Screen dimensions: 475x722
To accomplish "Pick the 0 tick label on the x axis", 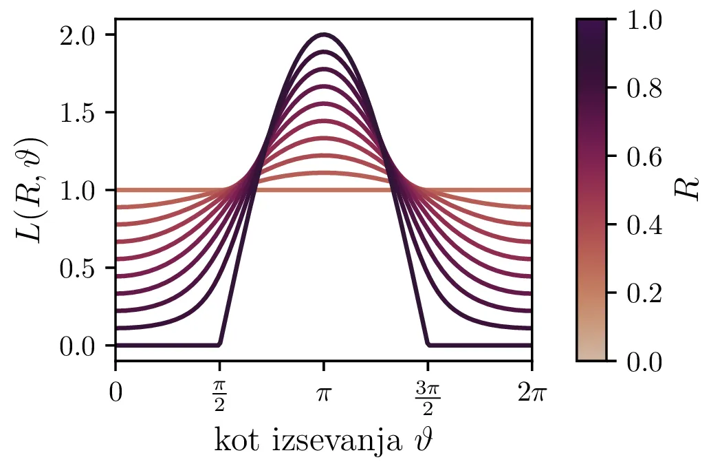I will [116, 393].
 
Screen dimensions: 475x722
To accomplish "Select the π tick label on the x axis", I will [324, 394].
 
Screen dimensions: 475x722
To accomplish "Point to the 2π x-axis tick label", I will [532, 393].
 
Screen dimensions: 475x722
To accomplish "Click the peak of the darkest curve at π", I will [324, 34].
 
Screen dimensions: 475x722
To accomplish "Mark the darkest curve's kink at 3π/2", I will [428, 344].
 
